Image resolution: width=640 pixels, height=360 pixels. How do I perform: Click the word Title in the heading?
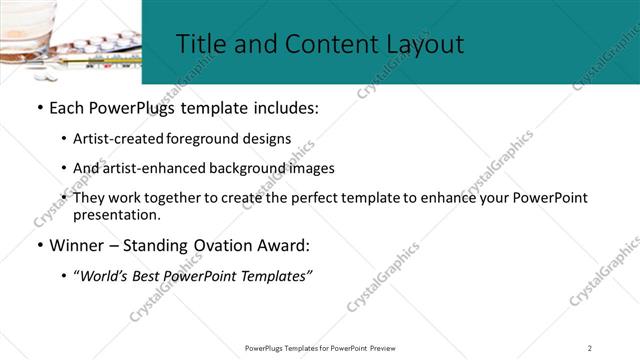[200, 44]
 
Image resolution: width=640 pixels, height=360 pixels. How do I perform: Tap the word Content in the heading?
[319, 44]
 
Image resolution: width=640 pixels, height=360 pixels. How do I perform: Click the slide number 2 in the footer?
[590, 347]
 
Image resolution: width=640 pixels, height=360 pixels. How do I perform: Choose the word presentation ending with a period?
[116, 214]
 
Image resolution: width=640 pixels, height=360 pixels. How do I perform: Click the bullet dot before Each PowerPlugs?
[39, 108]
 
